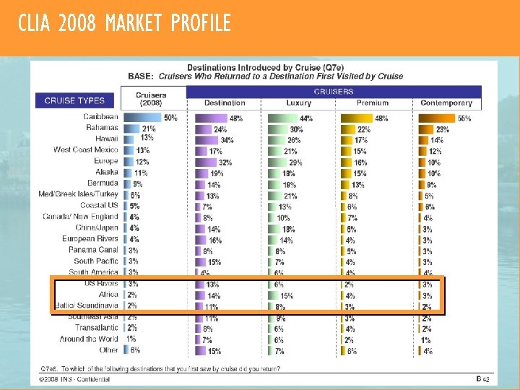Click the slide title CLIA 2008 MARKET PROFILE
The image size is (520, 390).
point(124,24)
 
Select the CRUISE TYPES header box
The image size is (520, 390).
point(74,101)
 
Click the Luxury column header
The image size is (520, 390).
point(298,103)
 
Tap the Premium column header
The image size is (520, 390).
point(372,103)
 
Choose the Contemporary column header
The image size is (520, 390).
point(446,103)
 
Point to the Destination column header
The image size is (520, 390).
point(225,103)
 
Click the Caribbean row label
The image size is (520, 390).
point(100,117)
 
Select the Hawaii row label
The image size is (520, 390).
point(106,139)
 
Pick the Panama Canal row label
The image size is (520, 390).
point(93,250)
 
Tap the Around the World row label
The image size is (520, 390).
point(88,339)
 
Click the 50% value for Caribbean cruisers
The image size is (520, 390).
point(170,118)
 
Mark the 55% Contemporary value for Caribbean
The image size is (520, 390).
point(464,118)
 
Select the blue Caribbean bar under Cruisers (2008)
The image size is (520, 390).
point(142,117)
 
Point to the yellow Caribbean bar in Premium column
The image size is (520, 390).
point(356,118)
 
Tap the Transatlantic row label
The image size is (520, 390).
point(96,328)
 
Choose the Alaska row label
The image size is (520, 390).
point(106,173)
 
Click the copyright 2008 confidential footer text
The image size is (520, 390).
point(75,379)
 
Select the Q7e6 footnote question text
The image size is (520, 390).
point(160,368)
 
